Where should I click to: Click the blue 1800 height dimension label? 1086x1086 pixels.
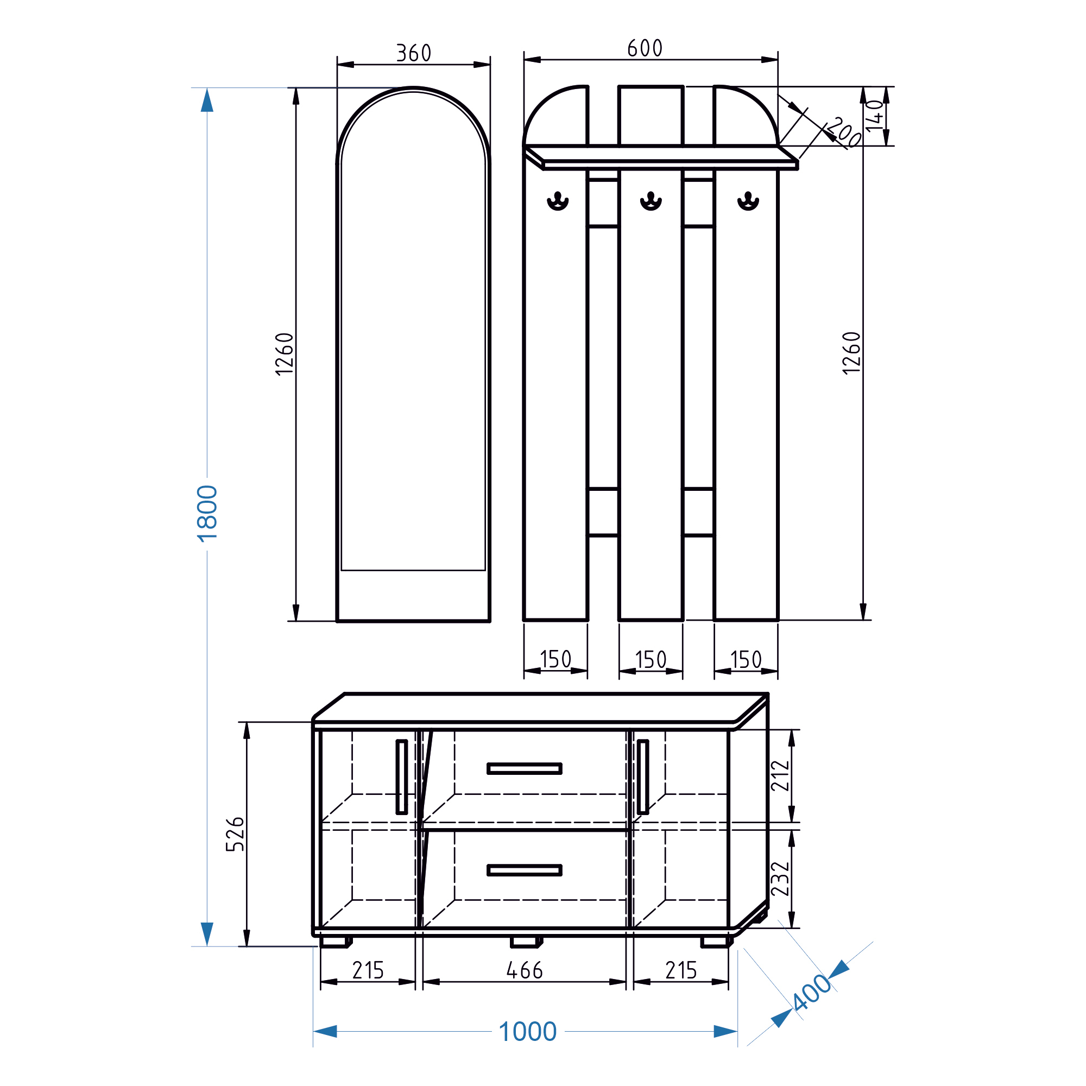click(207, 513)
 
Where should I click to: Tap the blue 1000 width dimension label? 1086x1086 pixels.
click(527, 1032)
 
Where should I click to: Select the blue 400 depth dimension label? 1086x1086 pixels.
click(812, 992)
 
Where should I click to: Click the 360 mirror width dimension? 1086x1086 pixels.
click(414, 53)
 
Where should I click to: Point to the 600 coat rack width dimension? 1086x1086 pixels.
click(645, 48)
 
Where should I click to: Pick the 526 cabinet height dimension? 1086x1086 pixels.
click(235, 834)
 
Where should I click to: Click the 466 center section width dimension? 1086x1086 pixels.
click(525, 970)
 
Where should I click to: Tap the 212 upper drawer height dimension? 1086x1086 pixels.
click(780, 776)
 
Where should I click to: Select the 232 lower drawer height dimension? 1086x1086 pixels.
click(780, 879)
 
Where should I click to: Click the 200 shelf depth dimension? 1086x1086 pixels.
click(844, 131)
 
